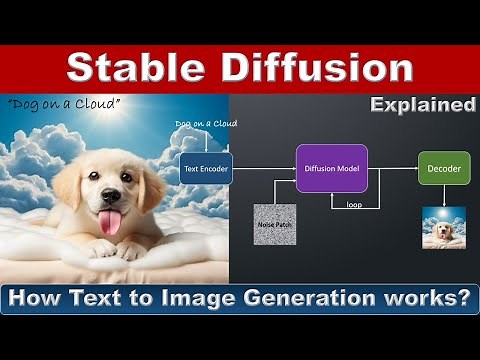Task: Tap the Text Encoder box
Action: (x=206, y=168)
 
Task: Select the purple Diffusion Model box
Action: (x=331, y=168)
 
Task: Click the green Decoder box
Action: (x=443, y=168)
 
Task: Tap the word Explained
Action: (x=423, y=104)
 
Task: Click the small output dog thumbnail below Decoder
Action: (x=443, y=228)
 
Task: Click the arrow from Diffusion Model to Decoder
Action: (x=392, y=168)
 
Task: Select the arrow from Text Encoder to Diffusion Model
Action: (x=264, y=168)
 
